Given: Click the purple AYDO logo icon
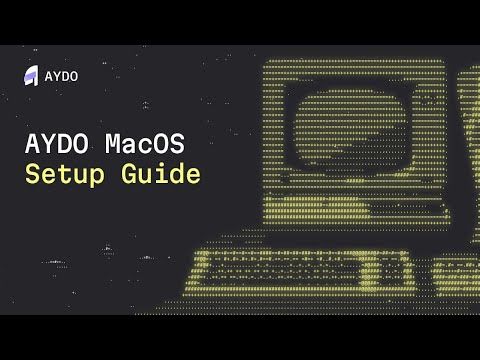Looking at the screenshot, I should point(30,75).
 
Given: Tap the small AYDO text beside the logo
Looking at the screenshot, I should point(62,76).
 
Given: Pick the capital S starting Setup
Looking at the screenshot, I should point(32,173).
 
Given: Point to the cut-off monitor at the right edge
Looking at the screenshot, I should point(467,150).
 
